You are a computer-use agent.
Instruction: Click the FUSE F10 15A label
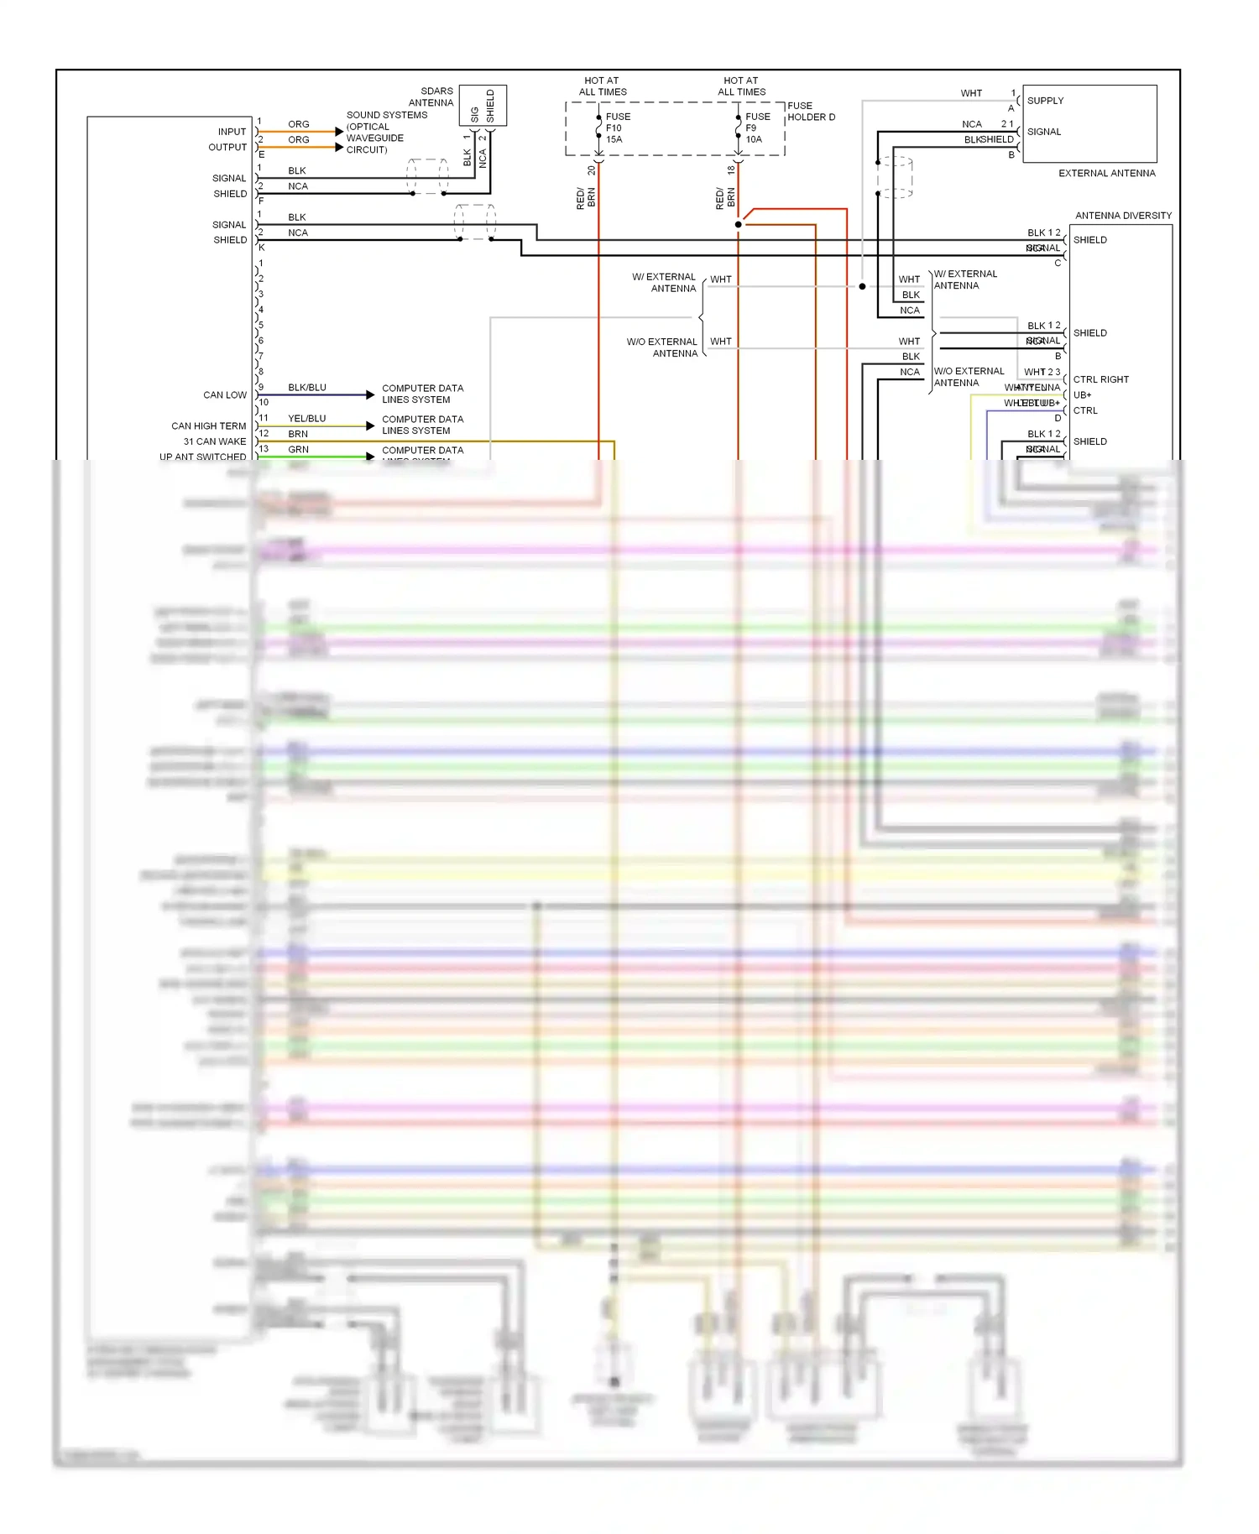(x=617, y=128)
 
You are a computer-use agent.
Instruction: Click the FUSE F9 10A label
(x=756, y=128)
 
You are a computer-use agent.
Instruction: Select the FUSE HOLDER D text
(x=811, y=112)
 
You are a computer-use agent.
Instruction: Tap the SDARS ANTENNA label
(x=431, y=97)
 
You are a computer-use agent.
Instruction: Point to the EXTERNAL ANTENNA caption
(x=1106, y=174)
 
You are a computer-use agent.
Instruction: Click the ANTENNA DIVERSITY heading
(x=1123, y=216)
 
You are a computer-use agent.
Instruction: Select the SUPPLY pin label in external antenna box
(x=1045, y=101)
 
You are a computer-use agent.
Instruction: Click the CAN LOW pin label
(x=225, y=395)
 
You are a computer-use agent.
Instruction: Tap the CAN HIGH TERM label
(x=209, y=426)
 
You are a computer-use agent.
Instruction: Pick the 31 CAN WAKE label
(x=215, y=441)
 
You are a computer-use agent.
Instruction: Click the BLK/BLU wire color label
(x=306, y=388)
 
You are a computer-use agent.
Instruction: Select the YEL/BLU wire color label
(x=306, y=419)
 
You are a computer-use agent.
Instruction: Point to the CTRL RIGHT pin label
(x=1100, y=380)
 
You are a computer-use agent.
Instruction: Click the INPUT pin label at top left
(x=232, y=132)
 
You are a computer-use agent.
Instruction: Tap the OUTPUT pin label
(x=227, y=148)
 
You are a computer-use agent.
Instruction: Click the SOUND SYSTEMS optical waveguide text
(x=386, y=133)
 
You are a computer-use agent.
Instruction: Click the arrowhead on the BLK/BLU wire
(x=370, y=394)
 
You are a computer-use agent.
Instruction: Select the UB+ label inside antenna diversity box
(x=1082, y=395)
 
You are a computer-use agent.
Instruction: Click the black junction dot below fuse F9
(x=738, y=225)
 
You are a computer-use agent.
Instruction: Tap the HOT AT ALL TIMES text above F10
(x=602, y=86)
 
